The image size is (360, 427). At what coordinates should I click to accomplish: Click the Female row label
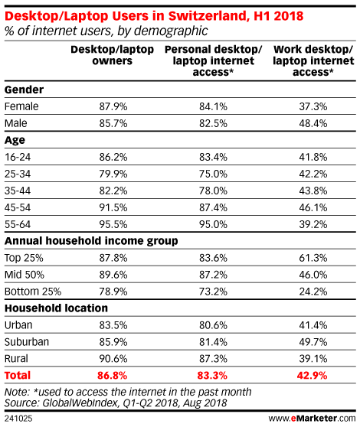pyautogui.click(x=21, y=106)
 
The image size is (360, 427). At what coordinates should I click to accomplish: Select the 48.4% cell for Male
pyautogui.click(x=313, y=123)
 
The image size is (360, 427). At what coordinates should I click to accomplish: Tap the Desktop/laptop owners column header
pyautogui.click(x=113, y=55)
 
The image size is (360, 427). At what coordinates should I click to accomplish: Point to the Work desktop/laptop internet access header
pyautogui.click(x=313, y=60)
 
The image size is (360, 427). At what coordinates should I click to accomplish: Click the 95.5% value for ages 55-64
pyautogui.click(x=113, y=224)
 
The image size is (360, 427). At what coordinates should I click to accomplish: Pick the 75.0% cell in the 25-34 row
pyautogui.click(x=213, y=174)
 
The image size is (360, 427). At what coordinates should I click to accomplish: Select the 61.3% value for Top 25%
pyautogui.click(x=313, y=258)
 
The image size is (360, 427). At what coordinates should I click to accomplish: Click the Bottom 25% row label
pyautogui.click(x=33, y=292)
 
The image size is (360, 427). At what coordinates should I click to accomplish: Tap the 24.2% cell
pyautogui.click(x=313, y=292)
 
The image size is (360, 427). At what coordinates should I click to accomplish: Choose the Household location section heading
pyautogui.click(x=57, y=308)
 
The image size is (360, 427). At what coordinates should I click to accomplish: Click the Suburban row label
pyautogui.click(x=27, y=342)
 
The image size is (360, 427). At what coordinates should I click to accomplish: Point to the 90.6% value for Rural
pyautogui.click(x=113, y=359)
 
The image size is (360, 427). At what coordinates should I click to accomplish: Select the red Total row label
pyautogui.click(x=18, y=376)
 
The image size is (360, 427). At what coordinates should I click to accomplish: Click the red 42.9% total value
pyautogui.click(x=312, y=376)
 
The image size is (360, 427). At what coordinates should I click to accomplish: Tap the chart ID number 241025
pyautogui.click(x=18, y=419)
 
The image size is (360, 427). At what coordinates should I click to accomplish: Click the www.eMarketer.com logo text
pyautogui.click(x=312, y=419)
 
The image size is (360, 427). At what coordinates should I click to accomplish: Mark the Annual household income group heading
pyautogui.click(x=91, y=241)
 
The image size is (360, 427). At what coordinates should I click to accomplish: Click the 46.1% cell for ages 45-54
pyautogui.click(x=313, y=207)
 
